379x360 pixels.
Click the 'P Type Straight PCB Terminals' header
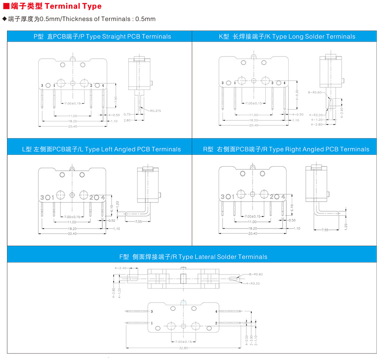(x=102, y=36)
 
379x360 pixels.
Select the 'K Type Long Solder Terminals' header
(x=287, y=36)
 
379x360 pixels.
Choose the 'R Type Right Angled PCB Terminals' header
(x=286, y=149)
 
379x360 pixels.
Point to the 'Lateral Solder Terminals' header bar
(x=193, y=256)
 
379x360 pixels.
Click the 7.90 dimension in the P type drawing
(x=115, y=100)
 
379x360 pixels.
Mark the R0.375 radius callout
(x=155, y=110)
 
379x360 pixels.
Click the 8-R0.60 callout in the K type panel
(x=316, y=92)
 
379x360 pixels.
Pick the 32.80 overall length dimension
(x=183, y=348)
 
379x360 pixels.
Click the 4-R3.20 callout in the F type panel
(x=254, y=283)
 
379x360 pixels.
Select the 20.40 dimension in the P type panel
(x=72, y=126)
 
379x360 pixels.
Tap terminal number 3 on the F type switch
(x=152, y=312)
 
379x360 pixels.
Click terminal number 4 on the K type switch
(x=284, y=83)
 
